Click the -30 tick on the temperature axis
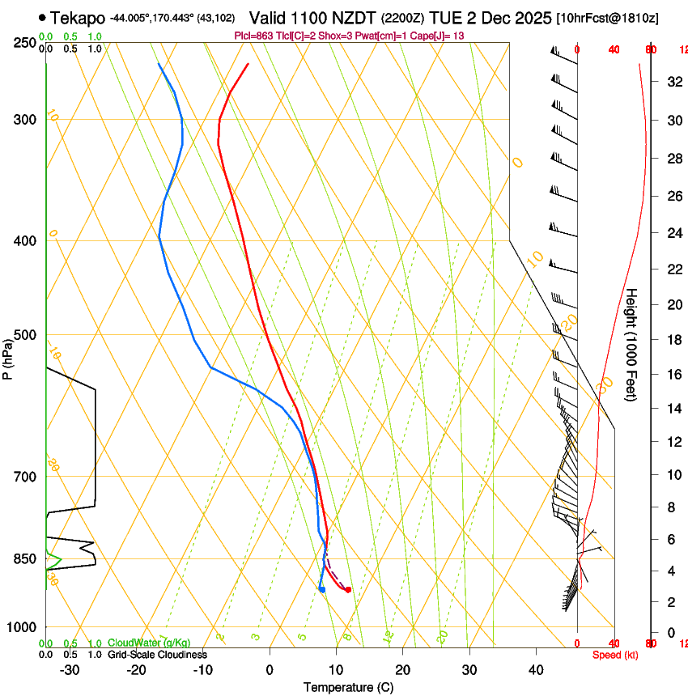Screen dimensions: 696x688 tap(70, 669)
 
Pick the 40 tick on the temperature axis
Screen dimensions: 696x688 tap(535, 669)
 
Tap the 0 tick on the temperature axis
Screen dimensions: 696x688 tap(270, 669)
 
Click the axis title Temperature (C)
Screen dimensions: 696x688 tap(348, 687)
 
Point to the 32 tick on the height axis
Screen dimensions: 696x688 tap(673, 82)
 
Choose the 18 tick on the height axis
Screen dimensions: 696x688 tap(673, 340)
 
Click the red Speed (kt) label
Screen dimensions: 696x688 tap(615, 655)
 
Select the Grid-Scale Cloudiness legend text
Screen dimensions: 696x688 tap(157, 655)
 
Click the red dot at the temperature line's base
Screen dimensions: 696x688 tap(348, 590)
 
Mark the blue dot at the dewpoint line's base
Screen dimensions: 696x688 tap(322, 589)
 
